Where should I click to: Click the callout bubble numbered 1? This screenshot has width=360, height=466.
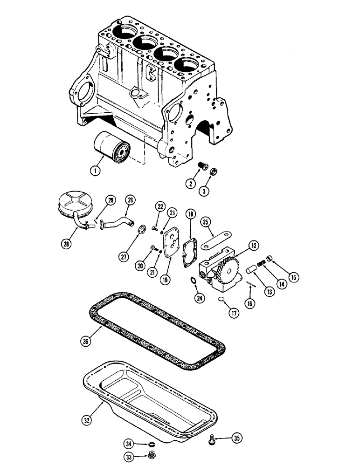click(x=95, y=171)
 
